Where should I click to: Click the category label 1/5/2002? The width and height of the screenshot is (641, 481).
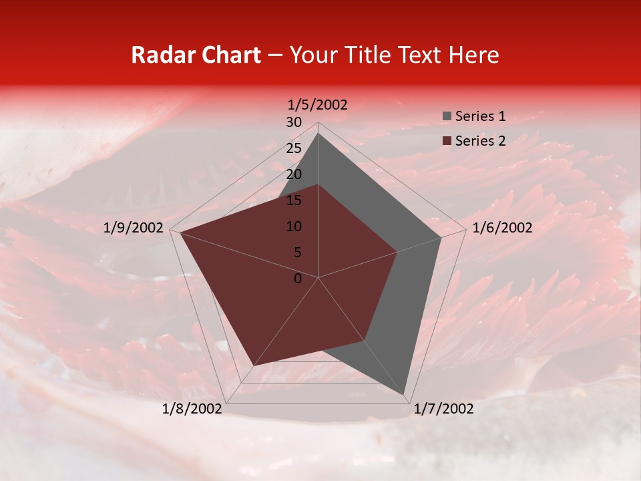318,104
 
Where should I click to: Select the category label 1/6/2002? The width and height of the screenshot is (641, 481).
502,228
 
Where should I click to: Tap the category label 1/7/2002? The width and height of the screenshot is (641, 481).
443,409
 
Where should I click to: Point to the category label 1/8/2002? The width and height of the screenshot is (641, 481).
192,409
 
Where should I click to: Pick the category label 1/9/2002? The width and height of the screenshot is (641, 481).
134,228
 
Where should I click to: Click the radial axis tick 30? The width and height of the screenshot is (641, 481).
294,122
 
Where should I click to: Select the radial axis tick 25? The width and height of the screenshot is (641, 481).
294,148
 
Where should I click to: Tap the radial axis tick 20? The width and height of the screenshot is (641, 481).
294,174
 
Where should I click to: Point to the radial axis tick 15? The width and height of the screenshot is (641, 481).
294,200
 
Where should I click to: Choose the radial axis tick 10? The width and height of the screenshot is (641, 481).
294,226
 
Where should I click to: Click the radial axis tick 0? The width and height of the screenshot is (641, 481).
298,278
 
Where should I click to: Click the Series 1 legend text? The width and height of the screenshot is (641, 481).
480,116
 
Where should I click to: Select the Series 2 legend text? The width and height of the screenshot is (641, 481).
480,141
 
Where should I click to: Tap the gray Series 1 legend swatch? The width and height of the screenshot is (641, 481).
447,117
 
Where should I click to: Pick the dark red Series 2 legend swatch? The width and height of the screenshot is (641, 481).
447,142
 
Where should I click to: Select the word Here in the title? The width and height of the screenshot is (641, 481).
473,55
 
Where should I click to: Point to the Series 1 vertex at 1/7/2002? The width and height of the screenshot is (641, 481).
404,395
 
